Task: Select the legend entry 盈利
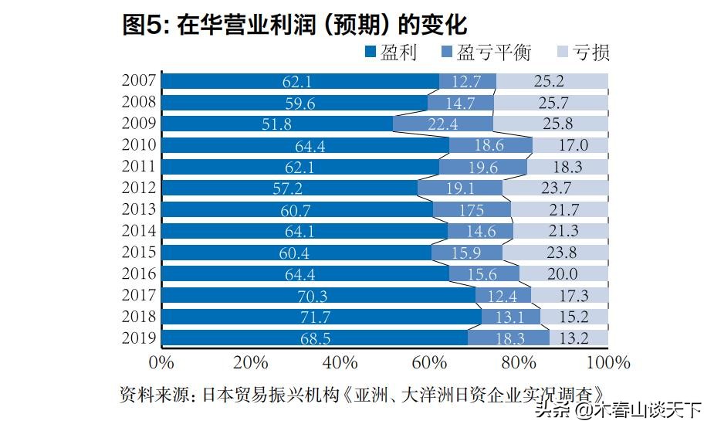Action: (391, 53)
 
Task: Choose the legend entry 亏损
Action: (583, 53)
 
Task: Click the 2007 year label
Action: (140, 80)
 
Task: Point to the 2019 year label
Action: (140, 338)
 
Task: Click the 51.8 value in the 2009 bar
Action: (276, 124)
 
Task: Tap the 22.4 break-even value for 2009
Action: (444, 124)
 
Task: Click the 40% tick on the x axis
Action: (340, 362)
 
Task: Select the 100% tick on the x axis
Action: (608, 362)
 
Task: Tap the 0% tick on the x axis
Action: (161, 362)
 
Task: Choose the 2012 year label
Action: (140, 188)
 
